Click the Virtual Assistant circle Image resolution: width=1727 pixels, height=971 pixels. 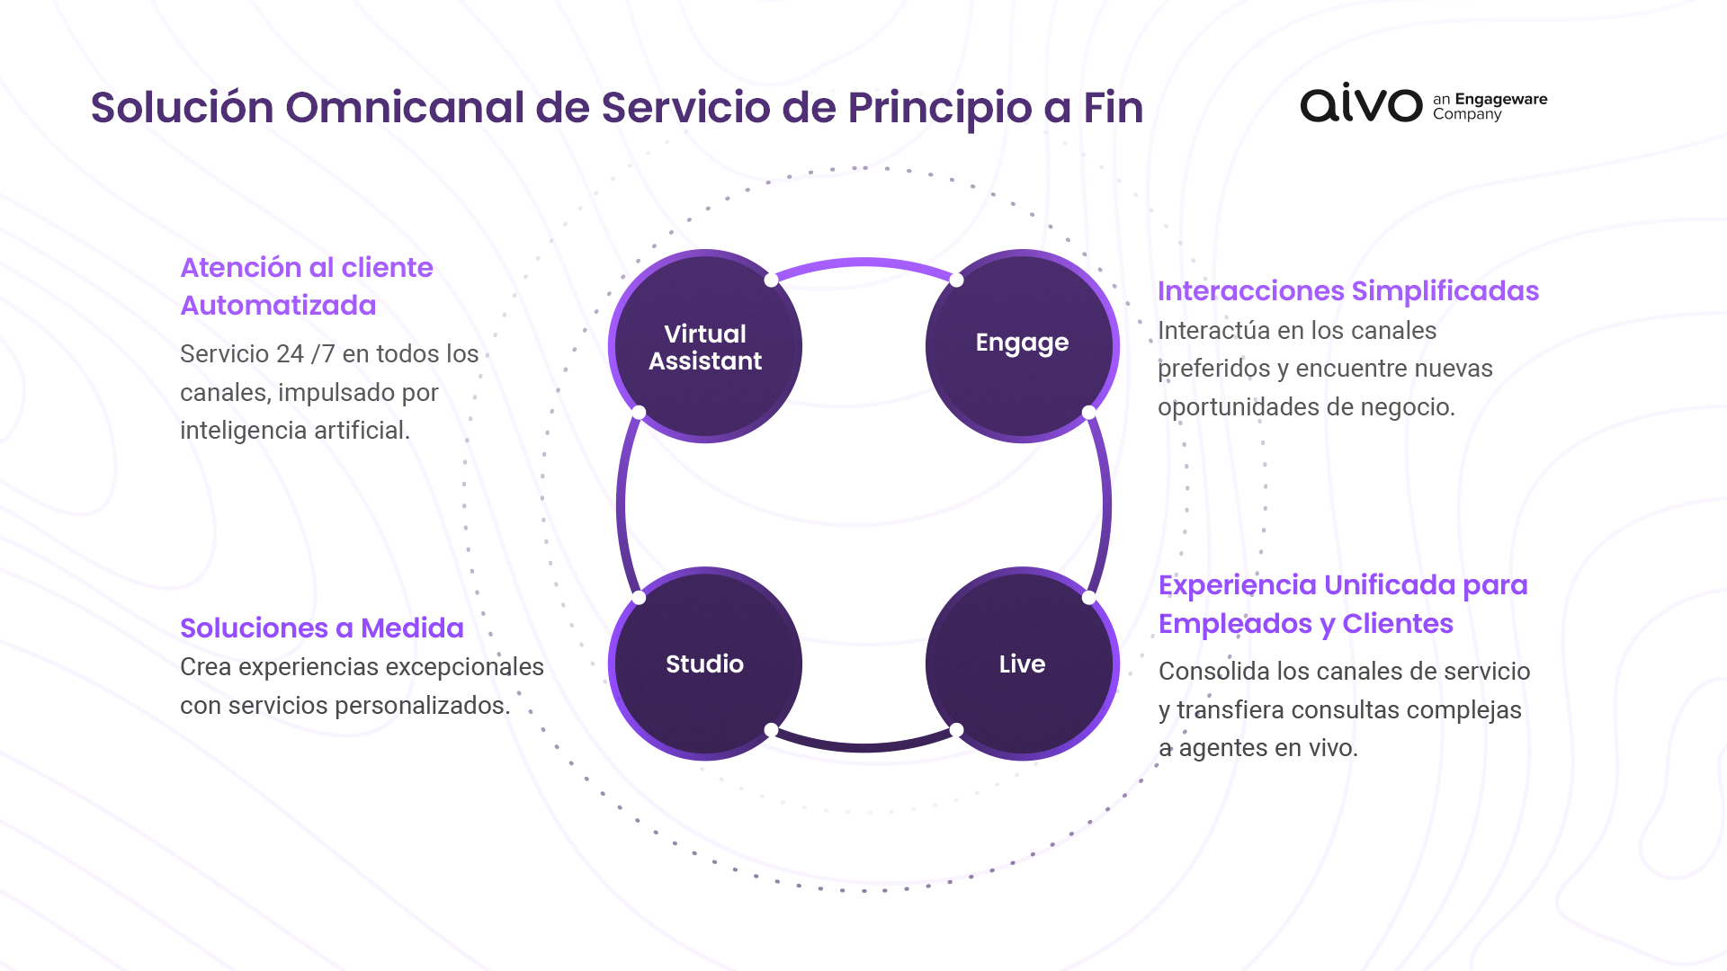point(705,347)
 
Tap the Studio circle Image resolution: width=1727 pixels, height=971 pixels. point(705,664)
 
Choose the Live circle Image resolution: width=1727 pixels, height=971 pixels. point(1022,664)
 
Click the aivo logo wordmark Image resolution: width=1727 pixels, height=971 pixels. point(1360,104)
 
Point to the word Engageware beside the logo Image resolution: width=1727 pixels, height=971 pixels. point(1500,99)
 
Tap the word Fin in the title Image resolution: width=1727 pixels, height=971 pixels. point(1113,107)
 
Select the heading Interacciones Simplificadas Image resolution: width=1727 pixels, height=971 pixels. point(1347,290)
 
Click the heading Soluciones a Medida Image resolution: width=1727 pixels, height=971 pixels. point(321,628)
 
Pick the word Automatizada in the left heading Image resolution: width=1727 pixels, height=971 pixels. point(278,306)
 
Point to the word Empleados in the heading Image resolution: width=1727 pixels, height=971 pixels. point(1235,623)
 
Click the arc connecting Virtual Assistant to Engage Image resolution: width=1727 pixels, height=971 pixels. point(863,263)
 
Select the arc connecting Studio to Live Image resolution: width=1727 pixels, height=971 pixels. point(863,746)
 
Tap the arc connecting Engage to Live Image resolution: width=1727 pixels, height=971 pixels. point(1105,505)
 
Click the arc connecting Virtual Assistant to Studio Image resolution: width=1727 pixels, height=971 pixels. point(622,505)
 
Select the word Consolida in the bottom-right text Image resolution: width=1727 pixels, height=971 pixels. point(1213,672)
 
